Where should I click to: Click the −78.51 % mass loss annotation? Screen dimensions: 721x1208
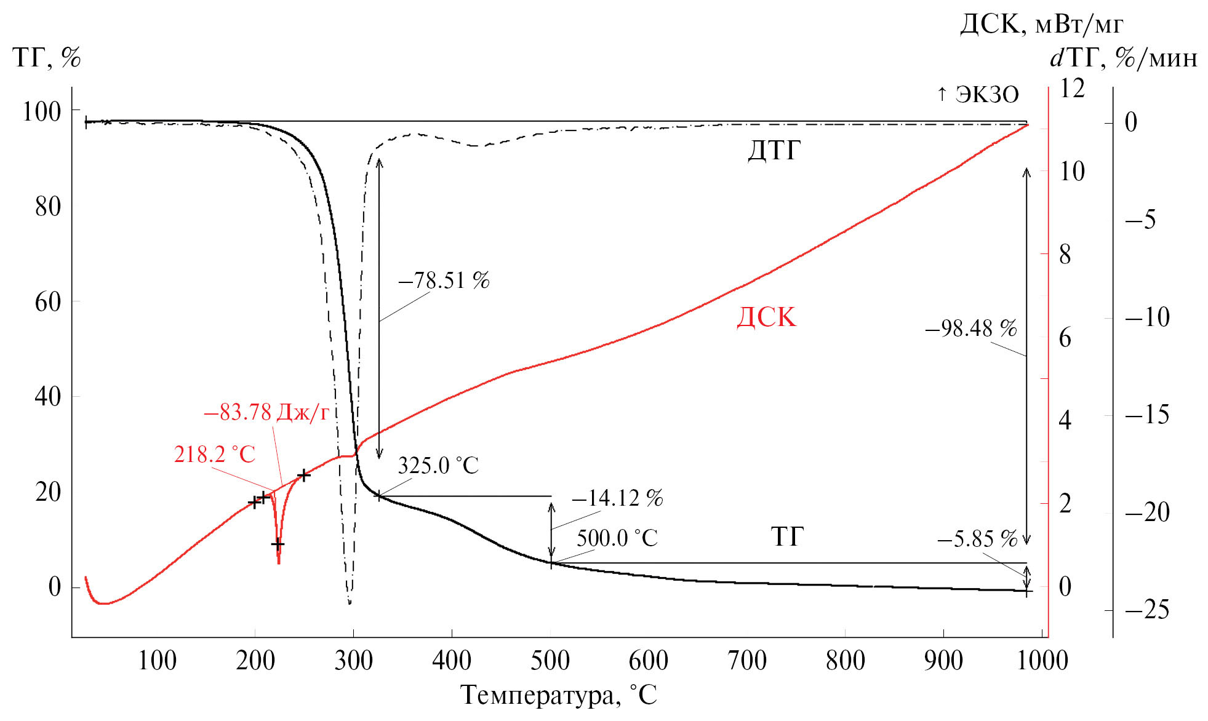coord(444,281)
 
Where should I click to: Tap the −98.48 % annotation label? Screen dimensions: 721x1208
coord(970,329)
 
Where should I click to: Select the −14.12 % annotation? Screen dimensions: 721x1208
coord(617,498)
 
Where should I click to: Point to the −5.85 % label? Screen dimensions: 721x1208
coord(977,540)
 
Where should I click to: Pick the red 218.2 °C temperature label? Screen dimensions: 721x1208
coord(214,455)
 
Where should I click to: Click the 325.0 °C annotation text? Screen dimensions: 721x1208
coord(438,466)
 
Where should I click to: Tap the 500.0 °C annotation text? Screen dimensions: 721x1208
coord(617,538)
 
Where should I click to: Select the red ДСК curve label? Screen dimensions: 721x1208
coord(766,317)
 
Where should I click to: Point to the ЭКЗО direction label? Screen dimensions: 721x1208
coord(978,95)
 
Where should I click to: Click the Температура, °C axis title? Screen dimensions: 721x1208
coord(559,695)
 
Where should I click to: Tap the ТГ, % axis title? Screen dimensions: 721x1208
coord(47,58)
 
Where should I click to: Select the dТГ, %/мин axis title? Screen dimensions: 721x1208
coord(1123,58)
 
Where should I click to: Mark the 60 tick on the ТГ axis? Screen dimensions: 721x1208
coord(48,301)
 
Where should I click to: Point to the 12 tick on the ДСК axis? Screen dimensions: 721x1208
coord(1071,89)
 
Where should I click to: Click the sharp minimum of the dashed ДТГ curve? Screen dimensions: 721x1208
coord(350,603)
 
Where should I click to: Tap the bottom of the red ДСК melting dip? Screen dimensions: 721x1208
coord(279,562)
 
